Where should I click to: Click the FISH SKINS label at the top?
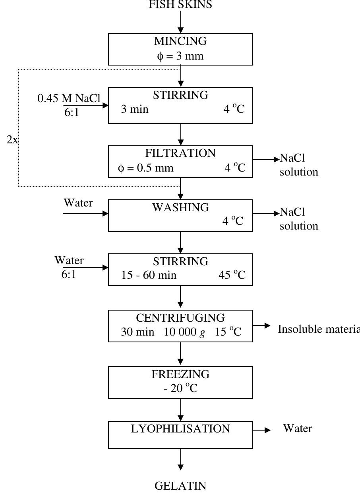pos(180,5)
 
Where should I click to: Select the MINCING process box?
pos(180,49)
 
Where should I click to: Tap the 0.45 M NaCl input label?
pos(69,98)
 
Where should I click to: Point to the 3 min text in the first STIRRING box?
pos(135,109)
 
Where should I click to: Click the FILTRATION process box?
pos(180,161)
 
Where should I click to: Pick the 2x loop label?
pos(12,140)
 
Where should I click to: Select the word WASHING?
pos(180,207)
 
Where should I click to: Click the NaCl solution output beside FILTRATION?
pos(298,165)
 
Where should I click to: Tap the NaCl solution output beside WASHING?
pos(298,219)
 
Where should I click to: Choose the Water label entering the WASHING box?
pos(78,203)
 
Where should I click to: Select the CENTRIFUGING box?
pos(180,326)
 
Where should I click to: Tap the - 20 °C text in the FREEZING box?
pos(180,388)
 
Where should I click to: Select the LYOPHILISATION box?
pos(180,435)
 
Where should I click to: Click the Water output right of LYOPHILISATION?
pos(297,428)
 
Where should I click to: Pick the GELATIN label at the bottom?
pos(180,486)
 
